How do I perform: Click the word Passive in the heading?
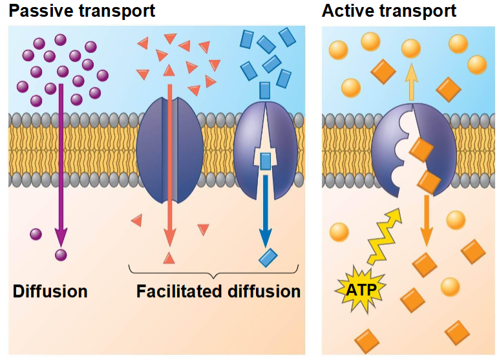[41, 11]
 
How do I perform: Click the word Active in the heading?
[348, 11]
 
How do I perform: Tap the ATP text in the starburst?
[361, 290]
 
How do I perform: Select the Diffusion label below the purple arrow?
[50, 291]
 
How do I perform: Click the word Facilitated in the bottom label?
[178, 291]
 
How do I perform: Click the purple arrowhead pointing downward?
[61, 237]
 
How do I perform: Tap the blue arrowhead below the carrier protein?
[266, 238]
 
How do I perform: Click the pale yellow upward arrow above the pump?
[412, 82]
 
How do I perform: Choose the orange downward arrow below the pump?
[427, 220]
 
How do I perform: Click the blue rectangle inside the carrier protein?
[266, 161]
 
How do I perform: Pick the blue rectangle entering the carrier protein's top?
[265, 90]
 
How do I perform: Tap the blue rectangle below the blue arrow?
[268, 257]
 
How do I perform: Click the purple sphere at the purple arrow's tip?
[61, 255]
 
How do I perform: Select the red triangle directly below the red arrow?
[169, 258]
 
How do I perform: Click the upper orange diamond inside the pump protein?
[421, 150]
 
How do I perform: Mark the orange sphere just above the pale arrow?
[411, 48]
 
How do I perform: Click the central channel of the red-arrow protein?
[169, 149]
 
